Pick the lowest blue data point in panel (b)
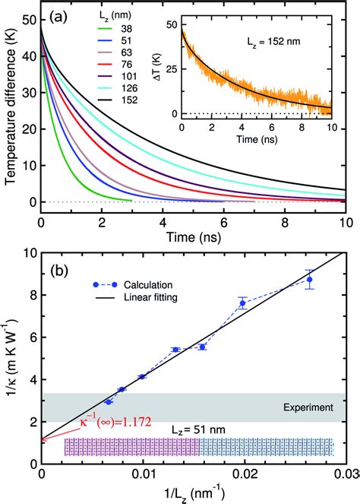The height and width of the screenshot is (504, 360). pos(109,401)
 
